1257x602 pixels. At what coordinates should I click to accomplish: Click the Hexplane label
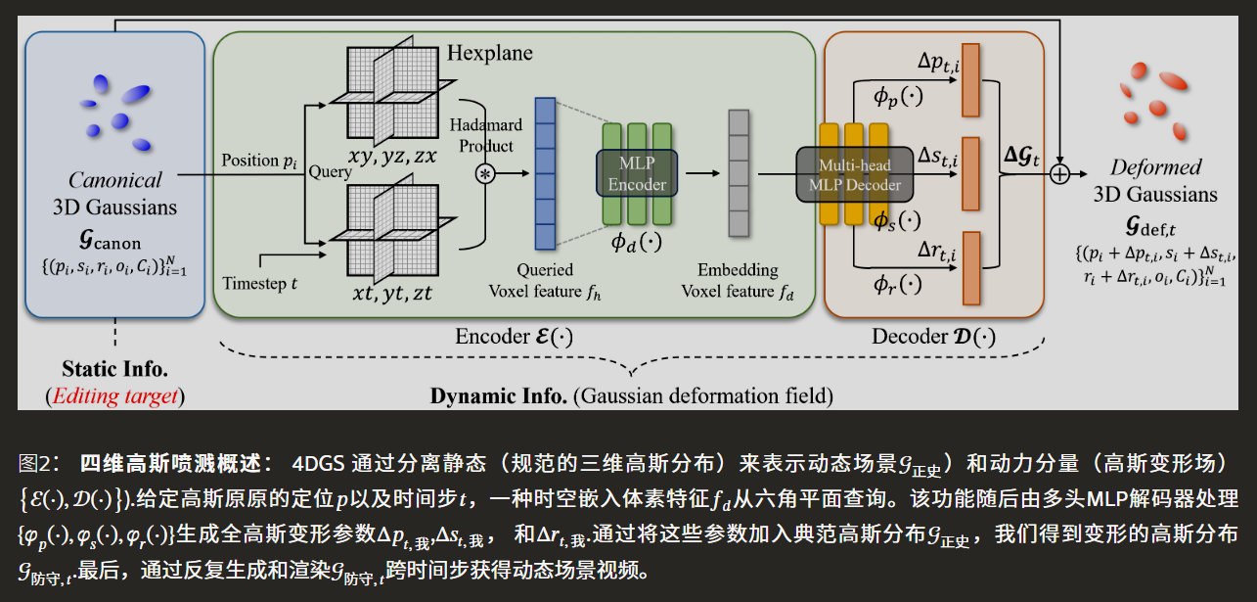[489, 52]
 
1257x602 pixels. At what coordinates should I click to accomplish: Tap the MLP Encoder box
[637, 172]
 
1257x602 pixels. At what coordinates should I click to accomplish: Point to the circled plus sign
[1059, 174]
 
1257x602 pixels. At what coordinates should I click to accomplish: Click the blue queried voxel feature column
[545, 174]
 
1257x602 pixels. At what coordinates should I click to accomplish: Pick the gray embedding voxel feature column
[739, 173]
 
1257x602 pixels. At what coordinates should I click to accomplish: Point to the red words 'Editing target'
[115, 395]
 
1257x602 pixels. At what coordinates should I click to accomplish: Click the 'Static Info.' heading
[114, 370]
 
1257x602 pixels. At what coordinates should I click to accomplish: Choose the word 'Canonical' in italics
[114, 180]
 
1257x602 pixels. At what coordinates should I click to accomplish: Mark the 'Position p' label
[259, 160]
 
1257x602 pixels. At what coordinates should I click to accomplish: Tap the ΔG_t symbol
[1022, 155]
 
